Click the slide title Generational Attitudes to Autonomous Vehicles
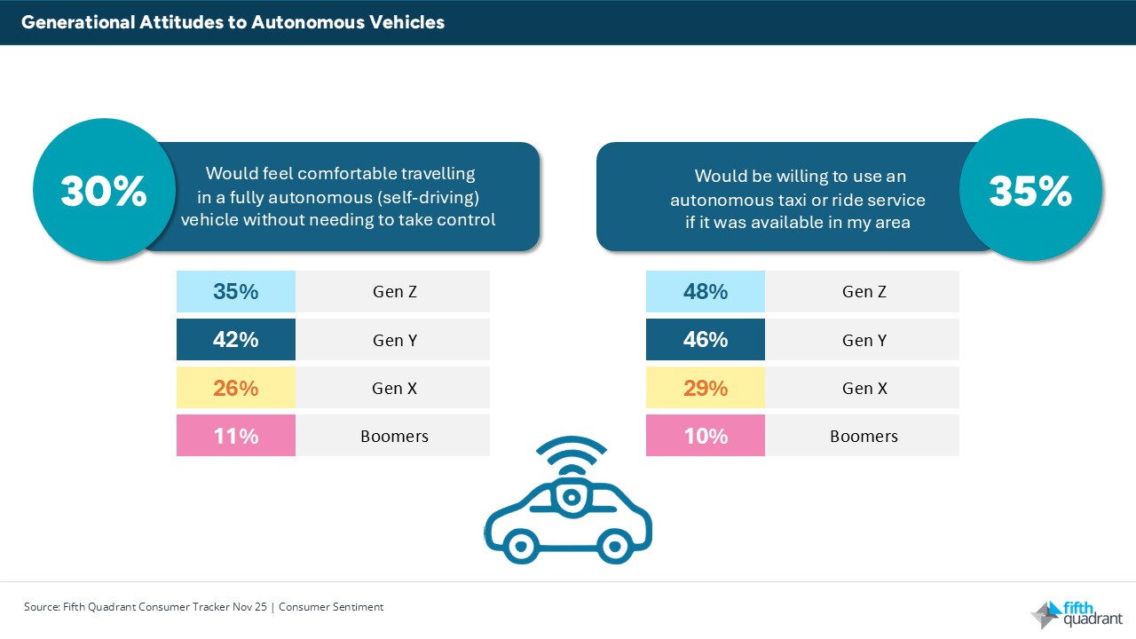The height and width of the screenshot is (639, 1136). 233,22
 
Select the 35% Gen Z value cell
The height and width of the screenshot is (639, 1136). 236,291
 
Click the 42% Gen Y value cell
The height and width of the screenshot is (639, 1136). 236,339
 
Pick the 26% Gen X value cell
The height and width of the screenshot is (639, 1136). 236,388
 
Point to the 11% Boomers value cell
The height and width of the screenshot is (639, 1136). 236,436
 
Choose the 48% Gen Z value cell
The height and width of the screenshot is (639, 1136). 706,291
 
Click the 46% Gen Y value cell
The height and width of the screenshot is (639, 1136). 706,339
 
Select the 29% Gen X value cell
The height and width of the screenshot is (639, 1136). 706,388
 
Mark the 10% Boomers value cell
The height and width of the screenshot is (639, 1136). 706,436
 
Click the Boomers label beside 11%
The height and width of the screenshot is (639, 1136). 394,436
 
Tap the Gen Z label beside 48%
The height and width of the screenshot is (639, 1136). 864,291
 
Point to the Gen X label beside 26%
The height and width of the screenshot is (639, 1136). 394,388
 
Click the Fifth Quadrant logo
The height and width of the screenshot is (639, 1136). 1076,613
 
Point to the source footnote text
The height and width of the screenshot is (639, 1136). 203,607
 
